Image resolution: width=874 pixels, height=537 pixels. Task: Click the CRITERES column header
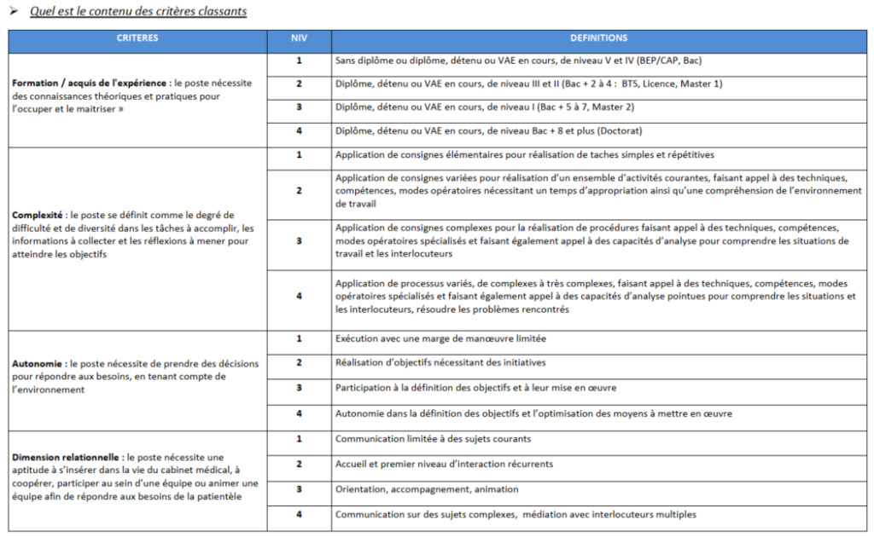click(x=137, y=38)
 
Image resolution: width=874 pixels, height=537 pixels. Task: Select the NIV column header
click(x=299, y=38)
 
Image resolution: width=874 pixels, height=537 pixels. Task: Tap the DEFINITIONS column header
click(x=598, y=38)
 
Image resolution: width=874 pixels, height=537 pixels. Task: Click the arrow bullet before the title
click(x=14, y=12)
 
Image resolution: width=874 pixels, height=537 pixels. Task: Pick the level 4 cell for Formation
click(x=299, y=131)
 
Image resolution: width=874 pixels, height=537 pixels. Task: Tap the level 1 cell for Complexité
click(x=299, y=155)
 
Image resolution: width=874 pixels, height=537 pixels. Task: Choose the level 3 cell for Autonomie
click(x=299, y=388)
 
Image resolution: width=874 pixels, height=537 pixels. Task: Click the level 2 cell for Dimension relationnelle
click(x=299, y=464)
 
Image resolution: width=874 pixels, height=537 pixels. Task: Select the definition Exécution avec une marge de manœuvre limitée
click(x=440, y=339)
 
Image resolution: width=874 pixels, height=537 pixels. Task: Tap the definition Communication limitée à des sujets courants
click(x=434, y=439)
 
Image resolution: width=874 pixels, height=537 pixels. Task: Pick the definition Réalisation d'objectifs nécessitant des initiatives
click(x=440, y=363)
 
